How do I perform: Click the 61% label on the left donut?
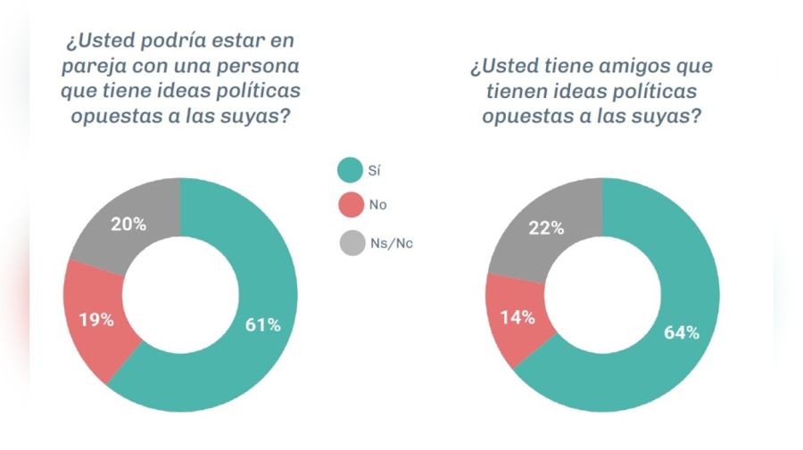pos(262,325)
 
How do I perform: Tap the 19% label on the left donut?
pos(95,319)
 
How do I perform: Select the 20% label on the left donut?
pos(128,225)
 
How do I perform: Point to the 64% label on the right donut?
pos(681,332)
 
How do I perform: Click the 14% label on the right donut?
pos(517,316)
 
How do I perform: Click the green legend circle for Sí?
pos(350,169)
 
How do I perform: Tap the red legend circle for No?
pos(350,205)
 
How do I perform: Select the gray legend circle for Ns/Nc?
pos(350,241)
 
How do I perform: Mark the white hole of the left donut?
pos(179,295)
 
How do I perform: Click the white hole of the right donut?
pos(602,295)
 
